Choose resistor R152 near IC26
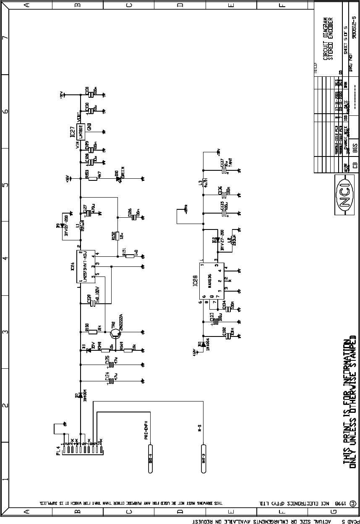tap(117, 236)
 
